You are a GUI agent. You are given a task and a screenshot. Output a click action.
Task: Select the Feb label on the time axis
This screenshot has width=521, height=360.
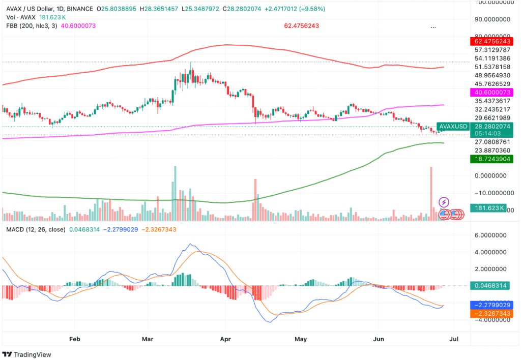(x=74, y=338)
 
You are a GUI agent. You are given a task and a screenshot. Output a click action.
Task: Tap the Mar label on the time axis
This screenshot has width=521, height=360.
(x=148, y=338)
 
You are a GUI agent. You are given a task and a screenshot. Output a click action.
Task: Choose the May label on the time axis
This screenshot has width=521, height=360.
(x=301, y=338)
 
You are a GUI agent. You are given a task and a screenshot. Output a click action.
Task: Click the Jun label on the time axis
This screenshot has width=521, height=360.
(x=379, y=338)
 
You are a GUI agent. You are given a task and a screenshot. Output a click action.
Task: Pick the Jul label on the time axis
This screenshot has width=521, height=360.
(x=455, y=338)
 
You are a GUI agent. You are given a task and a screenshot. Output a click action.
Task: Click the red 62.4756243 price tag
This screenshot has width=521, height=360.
(x=491, y=41)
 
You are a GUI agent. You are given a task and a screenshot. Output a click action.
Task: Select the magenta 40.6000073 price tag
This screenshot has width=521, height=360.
(x=491, y=92)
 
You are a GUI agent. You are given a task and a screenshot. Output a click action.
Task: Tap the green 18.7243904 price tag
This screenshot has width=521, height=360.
(x=491, y=159)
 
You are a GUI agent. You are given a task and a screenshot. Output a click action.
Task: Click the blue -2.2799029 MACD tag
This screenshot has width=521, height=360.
(x=491, y=305)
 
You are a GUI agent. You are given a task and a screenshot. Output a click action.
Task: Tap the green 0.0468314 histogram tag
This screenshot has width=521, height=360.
(x=491, y=286)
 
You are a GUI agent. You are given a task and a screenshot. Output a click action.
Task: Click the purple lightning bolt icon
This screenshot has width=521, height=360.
(x=444, y=202)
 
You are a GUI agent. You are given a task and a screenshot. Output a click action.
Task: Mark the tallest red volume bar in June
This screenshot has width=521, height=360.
(x=431, y=193)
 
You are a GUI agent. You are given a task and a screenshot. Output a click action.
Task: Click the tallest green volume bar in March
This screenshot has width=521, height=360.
(x=175, y=193)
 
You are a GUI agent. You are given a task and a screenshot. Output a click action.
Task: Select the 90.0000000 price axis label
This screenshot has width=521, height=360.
(x=490, y=19)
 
